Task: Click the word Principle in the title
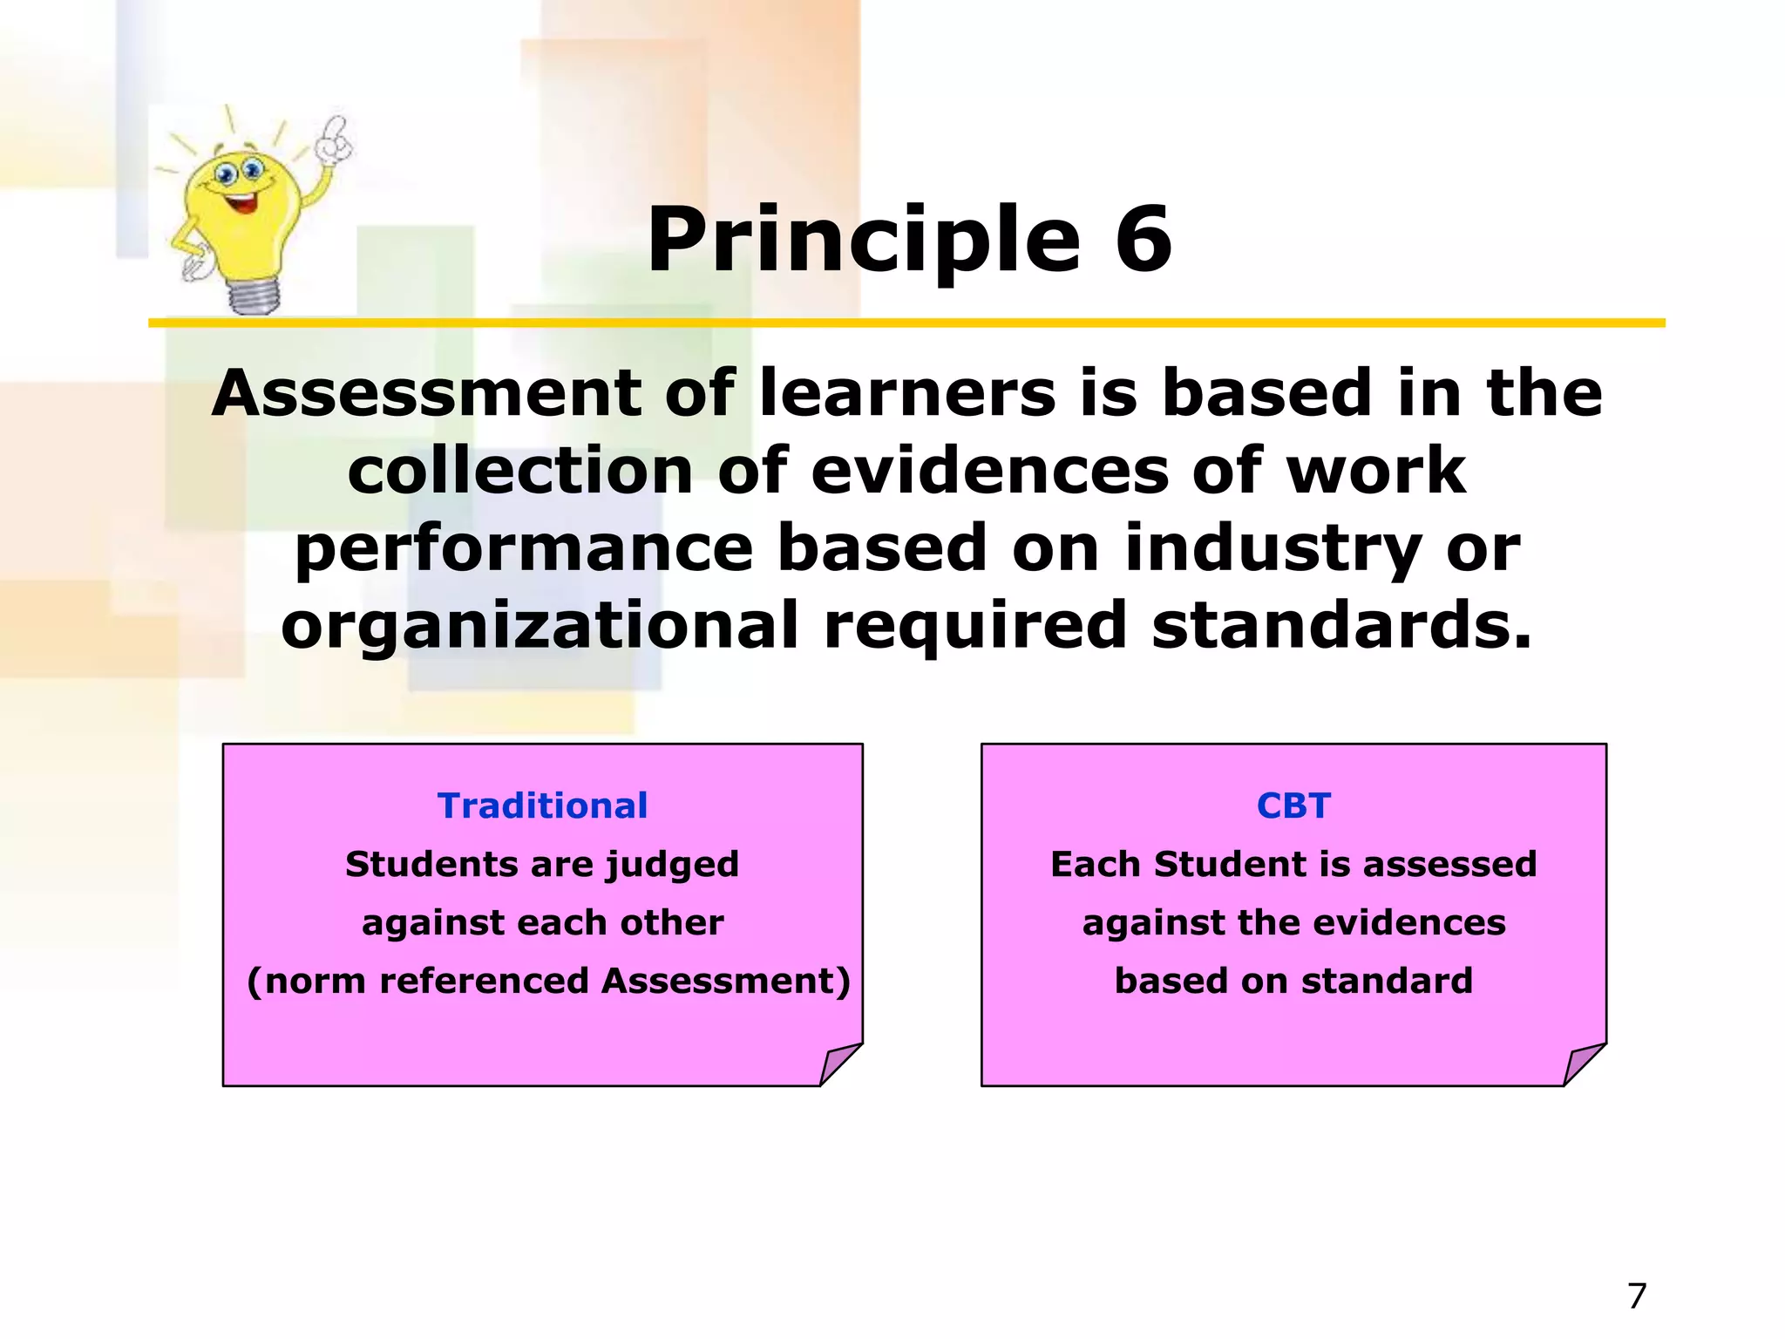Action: [863, 241]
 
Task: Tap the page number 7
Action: [1637, 1296]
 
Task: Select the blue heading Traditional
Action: [542, 805]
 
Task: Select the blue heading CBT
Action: [1293, 805]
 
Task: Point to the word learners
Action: [906, 393]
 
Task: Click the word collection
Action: [520, 471]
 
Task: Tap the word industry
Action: [1273, 549]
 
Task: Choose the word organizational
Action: [540, 626]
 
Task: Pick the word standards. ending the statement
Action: [1341, 626]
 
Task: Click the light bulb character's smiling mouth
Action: [241, 205]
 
